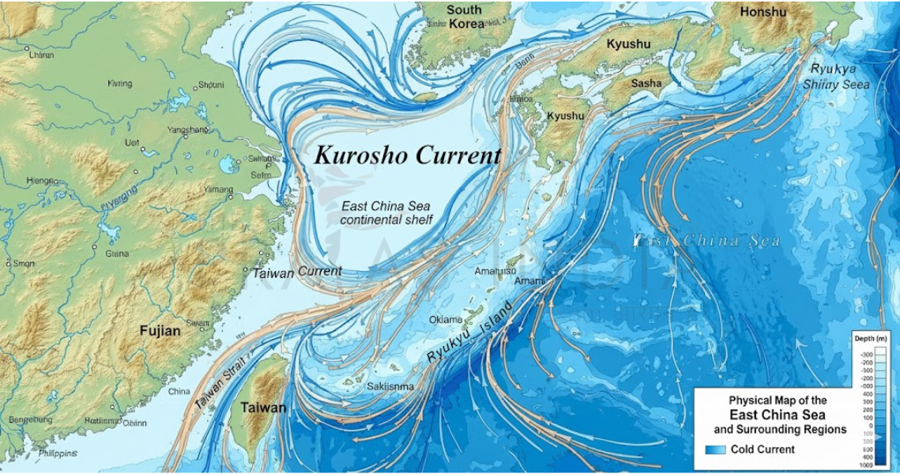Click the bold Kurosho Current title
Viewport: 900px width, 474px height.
tap(408, 155)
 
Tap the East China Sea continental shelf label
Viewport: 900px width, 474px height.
tap(386, 213)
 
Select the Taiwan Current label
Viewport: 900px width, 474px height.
tap(297, 272)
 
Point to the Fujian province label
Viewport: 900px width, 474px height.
tap(160, 331)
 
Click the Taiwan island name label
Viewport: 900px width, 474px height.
tap(263, 408)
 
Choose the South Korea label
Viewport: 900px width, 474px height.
tap(464, 17)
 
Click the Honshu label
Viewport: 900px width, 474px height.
tap(763, 12)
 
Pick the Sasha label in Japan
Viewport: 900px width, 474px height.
tap(646, 82)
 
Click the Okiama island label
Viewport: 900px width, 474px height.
tap(446, 320)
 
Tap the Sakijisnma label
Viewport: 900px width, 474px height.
tap(390, 386)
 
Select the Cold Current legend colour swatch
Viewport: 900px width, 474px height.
tap(714, 450)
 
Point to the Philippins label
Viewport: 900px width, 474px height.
tap(58, 453)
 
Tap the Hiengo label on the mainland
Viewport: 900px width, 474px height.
tap(42, 180)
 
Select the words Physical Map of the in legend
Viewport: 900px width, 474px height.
tap(778, 401)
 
